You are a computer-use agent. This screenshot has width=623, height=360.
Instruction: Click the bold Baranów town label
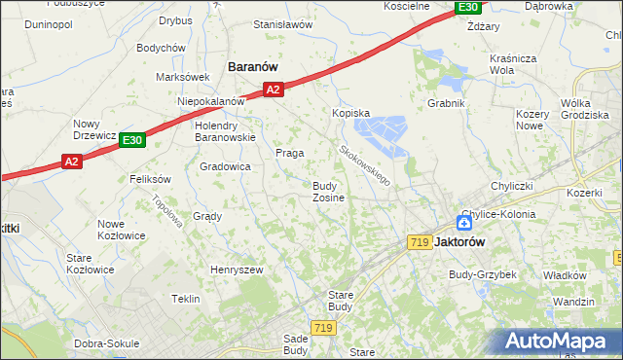pyautogui.click(x=253, y=66)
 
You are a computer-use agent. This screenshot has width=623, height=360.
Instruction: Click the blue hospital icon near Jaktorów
pyautogui.click(x=464, y=224)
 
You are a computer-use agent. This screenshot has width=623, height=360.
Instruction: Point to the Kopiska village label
pyautogui.click(x=351, y=113)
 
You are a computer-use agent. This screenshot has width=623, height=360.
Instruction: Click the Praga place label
pyautogui.click(x=290, y=153)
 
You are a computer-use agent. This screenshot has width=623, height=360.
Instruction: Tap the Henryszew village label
pyautogui.click(x=238, y=269)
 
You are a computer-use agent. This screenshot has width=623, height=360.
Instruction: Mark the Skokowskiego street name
pyautogui.click(x=365, y=166)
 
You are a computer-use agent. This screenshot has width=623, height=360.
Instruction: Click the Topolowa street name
pyautogui.click(x=167, y=210)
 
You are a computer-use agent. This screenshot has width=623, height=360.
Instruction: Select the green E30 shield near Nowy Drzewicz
pyautogui.click(x=133, y=141)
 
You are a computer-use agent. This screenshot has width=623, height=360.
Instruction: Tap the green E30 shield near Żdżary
pyautogui.click(x=468, y=8)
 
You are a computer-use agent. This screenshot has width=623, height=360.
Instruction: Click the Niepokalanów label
pyautogui.click(x=210, y=101)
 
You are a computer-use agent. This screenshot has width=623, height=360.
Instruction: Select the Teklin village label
pyautogui.click(x=186, y=299)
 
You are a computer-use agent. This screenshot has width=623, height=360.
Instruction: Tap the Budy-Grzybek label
pyautogui.click(x=482, y=274)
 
